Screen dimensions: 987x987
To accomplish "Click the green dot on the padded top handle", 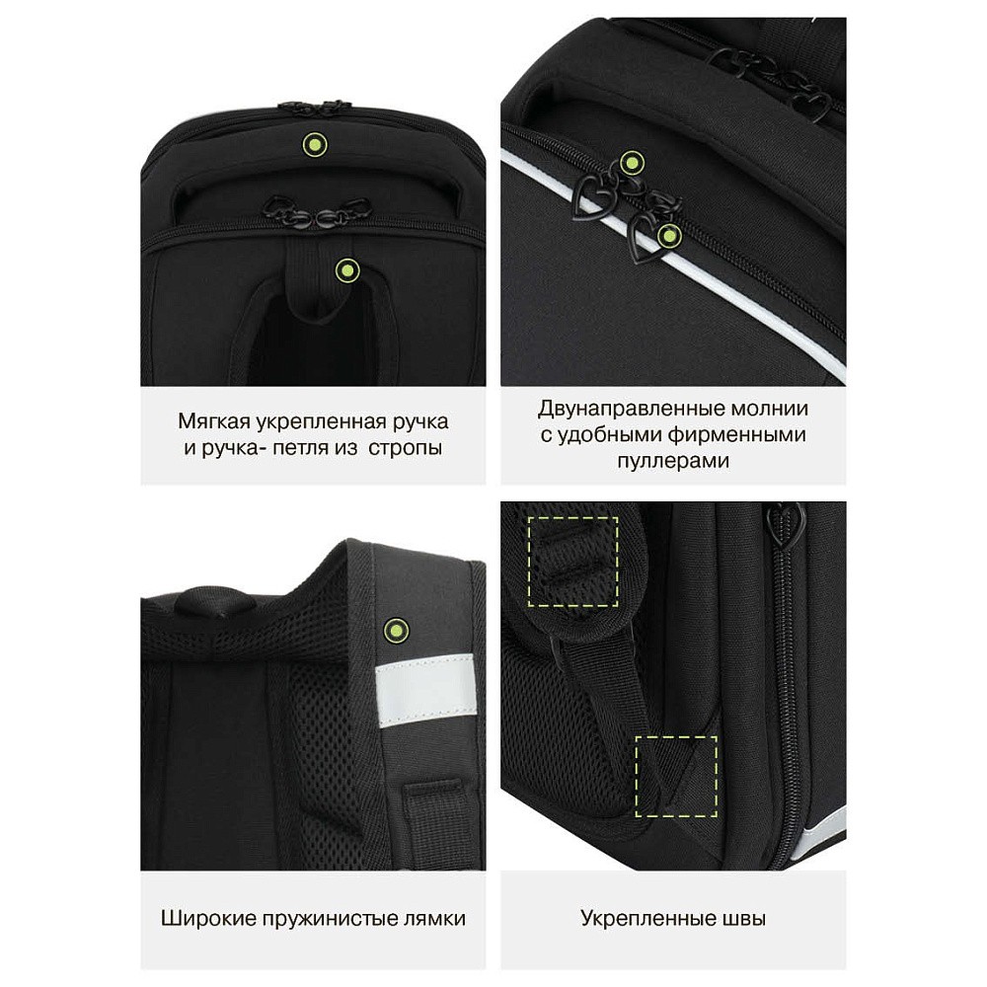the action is tap(315, 145).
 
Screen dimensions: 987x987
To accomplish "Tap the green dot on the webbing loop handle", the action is tap(346, 271).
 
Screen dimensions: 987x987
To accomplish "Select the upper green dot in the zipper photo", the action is tap(631, 163).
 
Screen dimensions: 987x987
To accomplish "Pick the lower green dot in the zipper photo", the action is tap(668, 237).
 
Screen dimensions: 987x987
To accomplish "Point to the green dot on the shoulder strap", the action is tap(396, 629).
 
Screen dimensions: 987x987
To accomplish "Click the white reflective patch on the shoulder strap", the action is tap(425, 692).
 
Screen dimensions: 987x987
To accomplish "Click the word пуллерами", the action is tap(673, 462).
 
